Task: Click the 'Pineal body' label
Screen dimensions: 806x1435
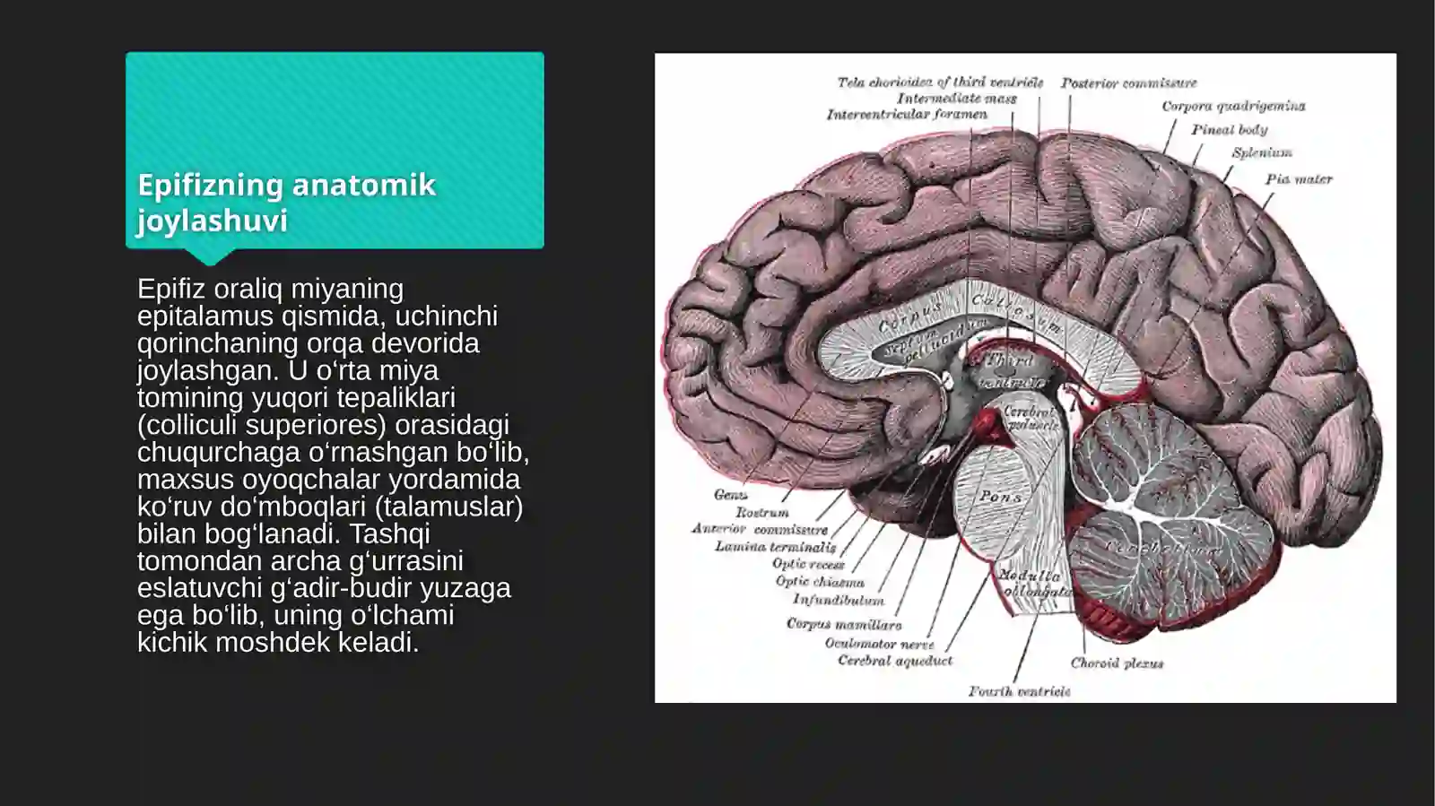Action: click(1229, 130)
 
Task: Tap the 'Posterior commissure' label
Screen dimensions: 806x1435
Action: click(1128, 83)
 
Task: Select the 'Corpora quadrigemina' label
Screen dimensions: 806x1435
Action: click(1233, 106)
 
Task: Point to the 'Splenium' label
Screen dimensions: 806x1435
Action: click(1261, 152)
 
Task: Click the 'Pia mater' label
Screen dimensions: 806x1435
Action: click(1298, 179)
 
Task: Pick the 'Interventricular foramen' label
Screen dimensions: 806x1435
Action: click(906, 115)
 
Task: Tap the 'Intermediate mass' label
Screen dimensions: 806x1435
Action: click(956, 99)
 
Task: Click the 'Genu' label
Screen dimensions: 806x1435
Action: click(730, 495)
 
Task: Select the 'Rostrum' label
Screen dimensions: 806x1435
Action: click(761, 513)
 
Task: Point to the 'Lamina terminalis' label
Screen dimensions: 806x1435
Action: click(775, 546)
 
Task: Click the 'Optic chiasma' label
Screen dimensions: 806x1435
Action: click(819, 582)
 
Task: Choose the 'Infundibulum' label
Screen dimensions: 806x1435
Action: click(838, 600)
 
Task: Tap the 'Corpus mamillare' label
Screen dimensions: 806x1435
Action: click(843, 624)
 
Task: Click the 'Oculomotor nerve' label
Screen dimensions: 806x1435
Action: click(879, 644)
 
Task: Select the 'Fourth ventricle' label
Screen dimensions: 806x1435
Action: click(1019, 691)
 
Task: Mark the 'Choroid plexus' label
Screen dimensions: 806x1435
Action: click(1116, 663)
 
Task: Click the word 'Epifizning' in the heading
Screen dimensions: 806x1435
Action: click(210, 185)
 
